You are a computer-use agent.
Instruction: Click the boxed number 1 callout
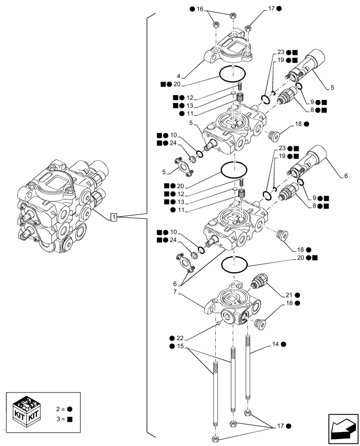pyautogui.click(x=114, y=217)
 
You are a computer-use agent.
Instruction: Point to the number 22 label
pyautogui.click(x=180, y=338)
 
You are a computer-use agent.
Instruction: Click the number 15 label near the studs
pyautogui.click(x=180, y=347)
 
